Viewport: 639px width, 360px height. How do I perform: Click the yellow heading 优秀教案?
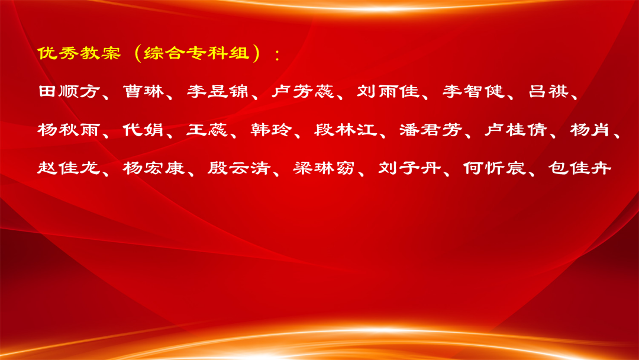pos(79,53)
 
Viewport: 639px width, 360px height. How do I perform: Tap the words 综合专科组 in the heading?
pos(196,53)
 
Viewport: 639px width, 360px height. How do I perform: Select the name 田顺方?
pos(69,91)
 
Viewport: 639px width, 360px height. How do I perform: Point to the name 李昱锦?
pos(218,91)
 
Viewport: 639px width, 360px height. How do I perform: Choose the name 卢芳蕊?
pos(303,91)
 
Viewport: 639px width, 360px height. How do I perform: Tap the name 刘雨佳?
pos(388,91)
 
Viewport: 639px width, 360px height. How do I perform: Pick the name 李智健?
pos(473,91)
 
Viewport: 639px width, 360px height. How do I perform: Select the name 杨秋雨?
pos(69,130)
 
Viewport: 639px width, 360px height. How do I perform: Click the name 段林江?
pos(346,130)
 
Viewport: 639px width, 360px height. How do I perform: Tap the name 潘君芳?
pos(431,130)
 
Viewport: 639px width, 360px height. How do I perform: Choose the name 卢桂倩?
pos(516,130)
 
